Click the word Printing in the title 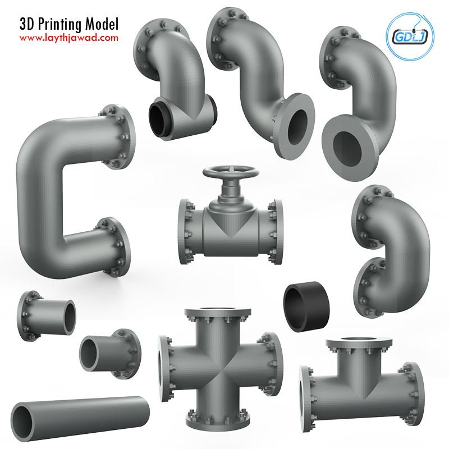click(x=59, y=24)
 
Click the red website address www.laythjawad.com click(x=68, y=38)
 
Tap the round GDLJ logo click(x=410, y=36)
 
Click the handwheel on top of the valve click(x=231, y=172)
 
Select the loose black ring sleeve click(x=306, y=306)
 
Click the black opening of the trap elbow click(x=157, y=120)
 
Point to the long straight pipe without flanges click(x=80, y=418)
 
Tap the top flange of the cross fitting click(x=218, y=313)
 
